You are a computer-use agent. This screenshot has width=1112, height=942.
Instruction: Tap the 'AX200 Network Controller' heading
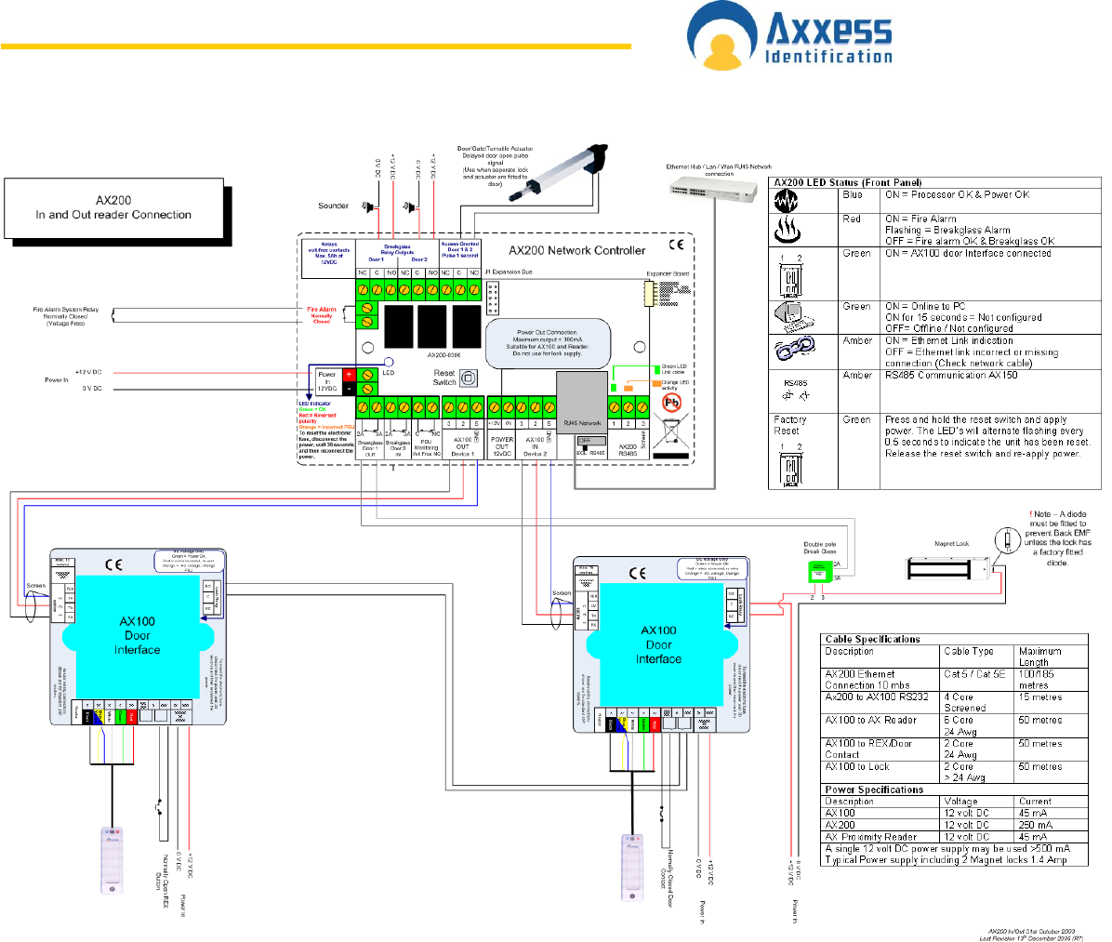click(x=576, y=250)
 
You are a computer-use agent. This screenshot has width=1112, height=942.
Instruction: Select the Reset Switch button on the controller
click(x=469, y=378)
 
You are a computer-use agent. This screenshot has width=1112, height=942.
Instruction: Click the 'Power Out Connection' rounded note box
click(x=548, y=342)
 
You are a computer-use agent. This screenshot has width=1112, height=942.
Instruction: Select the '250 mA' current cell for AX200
click(x=1035, y=825)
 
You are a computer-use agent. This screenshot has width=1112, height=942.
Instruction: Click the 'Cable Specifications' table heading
click(x=872, y=640)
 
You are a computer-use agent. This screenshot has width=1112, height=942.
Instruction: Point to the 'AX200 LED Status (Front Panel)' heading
click(x=848, y=183)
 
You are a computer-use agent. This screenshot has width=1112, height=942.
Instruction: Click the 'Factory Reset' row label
click(x=789, y=425)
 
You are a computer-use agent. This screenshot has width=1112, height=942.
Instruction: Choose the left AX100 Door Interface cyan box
click(x=137, y=635)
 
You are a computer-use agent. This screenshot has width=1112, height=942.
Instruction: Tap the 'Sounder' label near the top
click(x=333, y=206)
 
